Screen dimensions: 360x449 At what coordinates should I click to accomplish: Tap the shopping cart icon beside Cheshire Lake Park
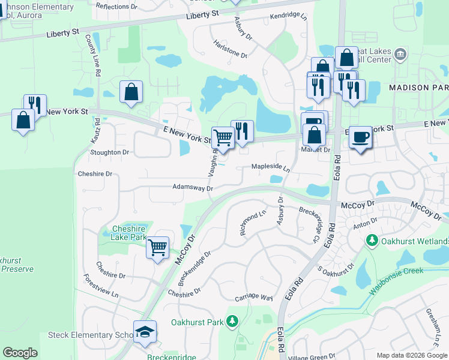click(157, 247)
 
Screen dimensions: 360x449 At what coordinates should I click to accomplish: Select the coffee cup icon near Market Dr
click(360, 137)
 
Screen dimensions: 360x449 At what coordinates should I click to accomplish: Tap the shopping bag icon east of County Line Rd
click(131, 92)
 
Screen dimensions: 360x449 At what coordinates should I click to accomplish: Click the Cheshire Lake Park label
click(129, 233)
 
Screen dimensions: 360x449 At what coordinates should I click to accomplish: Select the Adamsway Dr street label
click(193, 188)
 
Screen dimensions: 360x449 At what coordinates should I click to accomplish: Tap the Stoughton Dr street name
click(110, 152)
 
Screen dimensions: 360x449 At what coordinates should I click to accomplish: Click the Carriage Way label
click(254, 298)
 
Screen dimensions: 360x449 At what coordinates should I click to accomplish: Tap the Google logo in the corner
click(20, 353)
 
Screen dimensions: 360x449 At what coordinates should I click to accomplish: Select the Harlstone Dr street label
click(231, 53)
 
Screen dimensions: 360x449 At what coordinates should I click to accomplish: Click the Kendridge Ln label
click(288, 16)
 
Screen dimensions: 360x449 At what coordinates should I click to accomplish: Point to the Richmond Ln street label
click(253, 222)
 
